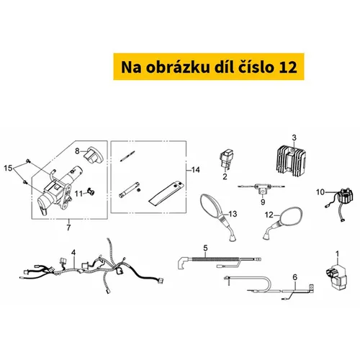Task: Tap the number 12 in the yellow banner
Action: click(x=288, y=68)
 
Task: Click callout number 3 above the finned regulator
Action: click(x=294, y=138)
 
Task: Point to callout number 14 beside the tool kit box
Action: click(x=196, y=170)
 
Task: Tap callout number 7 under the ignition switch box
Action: click(x=68, y=228)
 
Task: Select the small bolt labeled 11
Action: click(x=91, y=192)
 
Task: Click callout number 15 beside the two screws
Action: click(x=8, y=168)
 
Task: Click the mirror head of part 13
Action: click(x=210, y=206)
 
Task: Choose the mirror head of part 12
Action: click(x=290, y=217)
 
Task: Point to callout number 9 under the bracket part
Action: click(x=263, y=202)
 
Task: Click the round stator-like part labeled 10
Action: click(x=345, y=198)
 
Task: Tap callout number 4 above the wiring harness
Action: click(x=73, y=253)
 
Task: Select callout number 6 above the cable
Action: click(x=295, y=277)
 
